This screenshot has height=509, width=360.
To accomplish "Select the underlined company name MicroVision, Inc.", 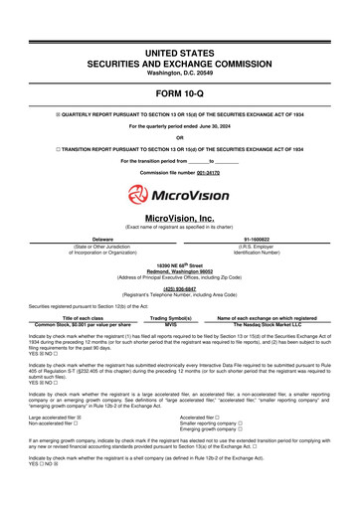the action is tap(180, 217).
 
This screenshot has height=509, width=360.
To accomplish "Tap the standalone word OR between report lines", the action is tap(180, 137).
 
